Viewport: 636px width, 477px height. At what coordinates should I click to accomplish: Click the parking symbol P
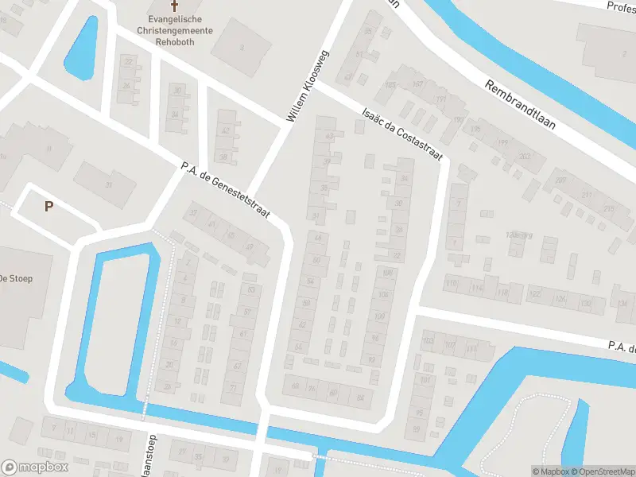click(x=48, y=207)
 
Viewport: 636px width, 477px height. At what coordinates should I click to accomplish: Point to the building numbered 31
click(x=109, y=184)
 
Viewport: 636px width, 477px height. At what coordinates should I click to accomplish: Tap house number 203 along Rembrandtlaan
click(x=524, y=157)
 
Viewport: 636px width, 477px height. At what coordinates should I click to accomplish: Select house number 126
click(x=560, y=300)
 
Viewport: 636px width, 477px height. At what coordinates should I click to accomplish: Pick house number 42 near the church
click(x=226, y=131)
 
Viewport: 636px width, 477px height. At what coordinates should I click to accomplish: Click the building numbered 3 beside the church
click(x=242, y=48)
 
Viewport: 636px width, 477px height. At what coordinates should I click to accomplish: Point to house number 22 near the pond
click(x=128, y=61)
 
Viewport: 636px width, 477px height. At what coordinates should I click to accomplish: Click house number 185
click(x=390, y=85)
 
